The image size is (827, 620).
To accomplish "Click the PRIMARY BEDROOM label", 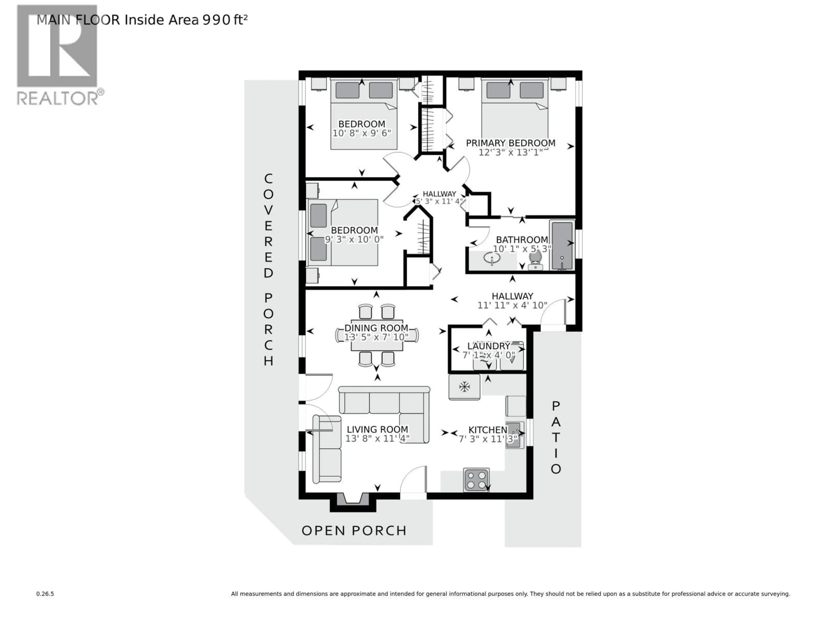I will tap(510, 143).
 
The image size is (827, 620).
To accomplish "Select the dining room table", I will tap(377, 335).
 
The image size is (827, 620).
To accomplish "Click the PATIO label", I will tap(556, 437).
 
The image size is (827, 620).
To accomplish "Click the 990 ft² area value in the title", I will tap(225, 20).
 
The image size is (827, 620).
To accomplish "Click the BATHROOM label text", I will tap(522, 240).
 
